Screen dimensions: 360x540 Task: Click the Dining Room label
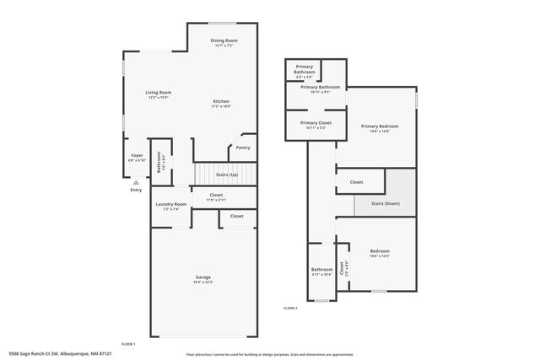click(224, 40)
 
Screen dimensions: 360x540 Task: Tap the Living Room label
click(158, 92)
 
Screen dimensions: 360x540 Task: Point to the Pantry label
click(242, 148)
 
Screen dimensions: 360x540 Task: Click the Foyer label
click(137, 155)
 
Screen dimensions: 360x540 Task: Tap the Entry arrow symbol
click(136, 181)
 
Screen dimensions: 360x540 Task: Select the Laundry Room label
click(171, 204)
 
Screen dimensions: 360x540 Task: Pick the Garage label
click(202, 277)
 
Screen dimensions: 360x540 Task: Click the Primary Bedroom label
click(379, 126)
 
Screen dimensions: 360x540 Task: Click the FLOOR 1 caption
click(128, 344)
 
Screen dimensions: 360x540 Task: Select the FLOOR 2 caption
click(290, 309)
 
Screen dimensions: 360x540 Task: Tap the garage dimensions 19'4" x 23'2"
click(202, 282)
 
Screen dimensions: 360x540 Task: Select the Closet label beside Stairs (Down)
click(356, 182)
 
